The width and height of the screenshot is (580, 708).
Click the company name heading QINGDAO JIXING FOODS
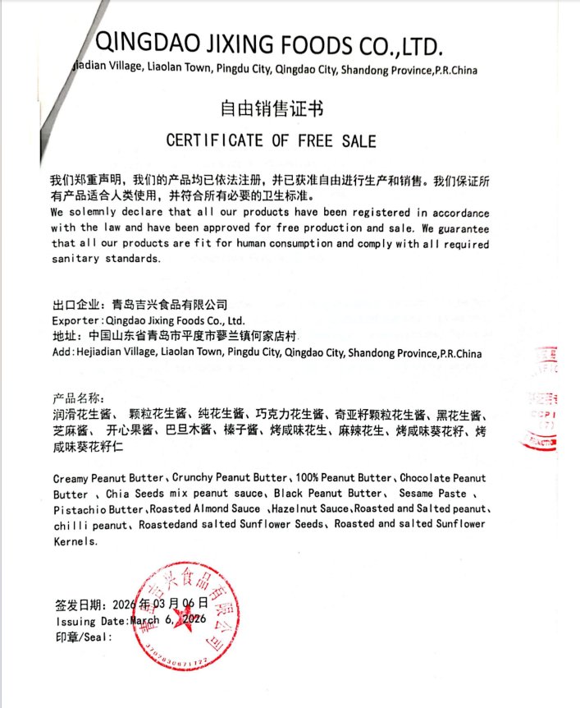[271, 44]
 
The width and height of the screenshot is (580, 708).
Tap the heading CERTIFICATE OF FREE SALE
[271, 140]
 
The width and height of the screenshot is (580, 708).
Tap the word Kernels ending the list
[74, 541]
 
